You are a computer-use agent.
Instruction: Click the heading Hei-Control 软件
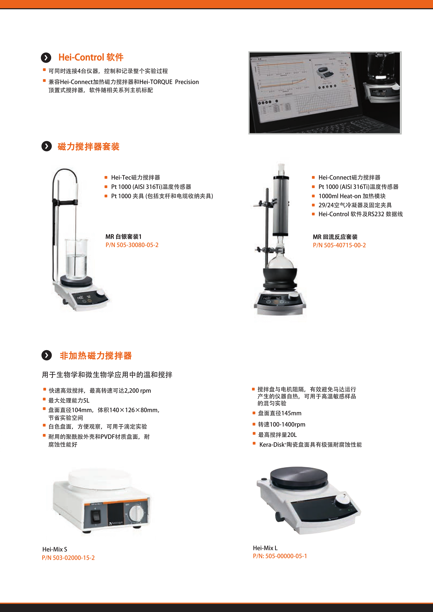click(91, 57)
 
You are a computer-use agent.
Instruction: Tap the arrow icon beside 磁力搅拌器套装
click(46, 146)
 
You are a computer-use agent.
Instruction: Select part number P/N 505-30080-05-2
click(132, 245)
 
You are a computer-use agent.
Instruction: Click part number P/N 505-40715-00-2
click(339, 245)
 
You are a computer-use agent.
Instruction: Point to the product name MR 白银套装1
click(124, 237)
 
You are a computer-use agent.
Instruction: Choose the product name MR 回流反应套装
click(335, 237)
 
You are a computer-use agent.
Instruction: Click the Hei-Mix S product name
click(55, 549)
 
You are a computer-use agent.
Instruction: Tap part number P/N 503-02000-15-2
click(68, 558)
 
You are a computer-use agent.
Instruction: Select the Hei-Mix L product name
click(265, 548)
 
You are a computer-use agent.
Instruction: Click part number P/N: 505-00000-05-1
click(280, 556)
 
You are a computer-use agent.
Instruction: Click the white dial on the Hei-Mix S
click(136, 513)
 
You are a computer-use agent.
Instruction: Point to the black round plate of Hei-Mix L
click(299, 478)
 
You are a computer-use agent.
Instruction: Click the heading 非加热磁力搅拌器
click(96, 355)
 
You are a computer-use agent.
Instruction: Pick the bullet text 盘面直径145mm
click(279, 413)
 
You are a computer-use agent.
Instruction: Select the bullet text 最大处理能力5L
click(69, 400)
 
